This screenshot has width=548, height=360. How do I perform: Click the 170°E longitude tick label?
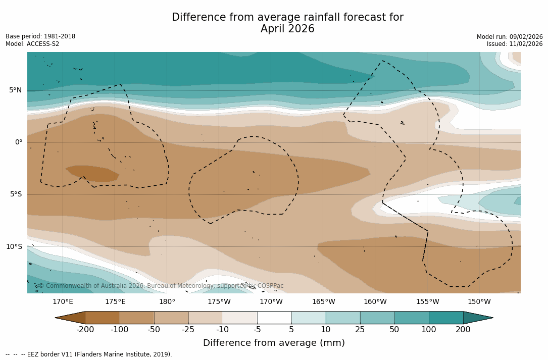point(63,302)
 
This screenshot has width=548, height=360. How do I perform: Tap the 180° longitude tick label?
point(167,302)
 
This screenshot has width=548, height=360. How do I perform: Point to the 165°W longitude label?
point(323,302)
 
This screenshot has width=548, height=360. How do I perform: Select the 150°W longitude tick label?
point(479,302)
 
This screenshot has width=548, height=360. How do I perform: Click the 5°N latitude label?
point(16,90)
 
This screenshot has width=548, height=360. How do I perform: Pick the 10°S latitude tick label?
point(14,247)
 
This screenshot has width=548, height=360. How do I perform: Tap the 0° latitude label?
point(19,142)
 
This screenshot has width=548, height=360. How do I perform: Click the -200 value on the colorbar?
point(85,330)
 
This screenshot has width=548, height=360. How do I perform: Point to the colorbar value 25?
point(360,330)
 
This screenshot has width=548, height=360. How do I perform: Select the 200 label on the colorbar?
point(463,330)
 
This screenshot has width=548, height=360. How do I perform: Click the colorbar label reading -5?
point(257,330)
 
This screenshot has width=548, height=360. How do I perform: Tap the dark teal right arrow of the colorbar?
point(477,318)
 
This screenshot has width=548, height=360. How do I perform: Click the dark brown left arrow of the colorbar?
point(71,318)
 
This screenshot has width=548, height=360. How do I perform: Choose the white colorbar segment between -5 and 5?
point(274,318)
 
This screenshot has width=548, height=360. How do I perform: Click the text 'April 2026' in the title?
point(287,29)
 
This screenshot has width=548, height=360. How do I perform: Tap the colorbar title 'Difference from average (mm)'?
point(274,343)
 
